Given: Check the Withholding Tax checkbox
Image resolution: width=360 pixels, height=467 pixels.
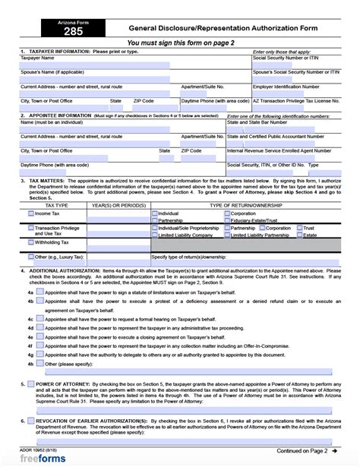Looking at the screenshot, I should pyautogui.click(x=30, y=243).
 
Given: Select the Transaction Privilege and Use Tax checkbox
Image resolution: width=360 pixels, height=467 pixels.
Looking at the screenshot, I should pyautogui.click(x=30, y=229).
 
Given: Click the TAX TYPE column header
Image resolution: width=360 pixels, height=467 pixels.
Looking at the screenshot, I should pyautogui.click(x=56, y=206).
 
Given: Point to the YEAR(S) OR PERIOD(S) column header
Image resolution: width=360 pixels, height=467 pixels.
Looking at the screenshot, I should pyautogui.click(x=118, y=206).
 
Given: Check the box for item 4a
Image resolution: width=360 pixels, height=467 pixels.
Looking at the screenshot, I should pyautogui.click(x=39, y=291).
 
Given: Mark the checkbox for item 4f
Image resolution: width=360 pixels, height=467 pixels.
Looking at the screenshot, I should pyautogui.click(x=39, y=354).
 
